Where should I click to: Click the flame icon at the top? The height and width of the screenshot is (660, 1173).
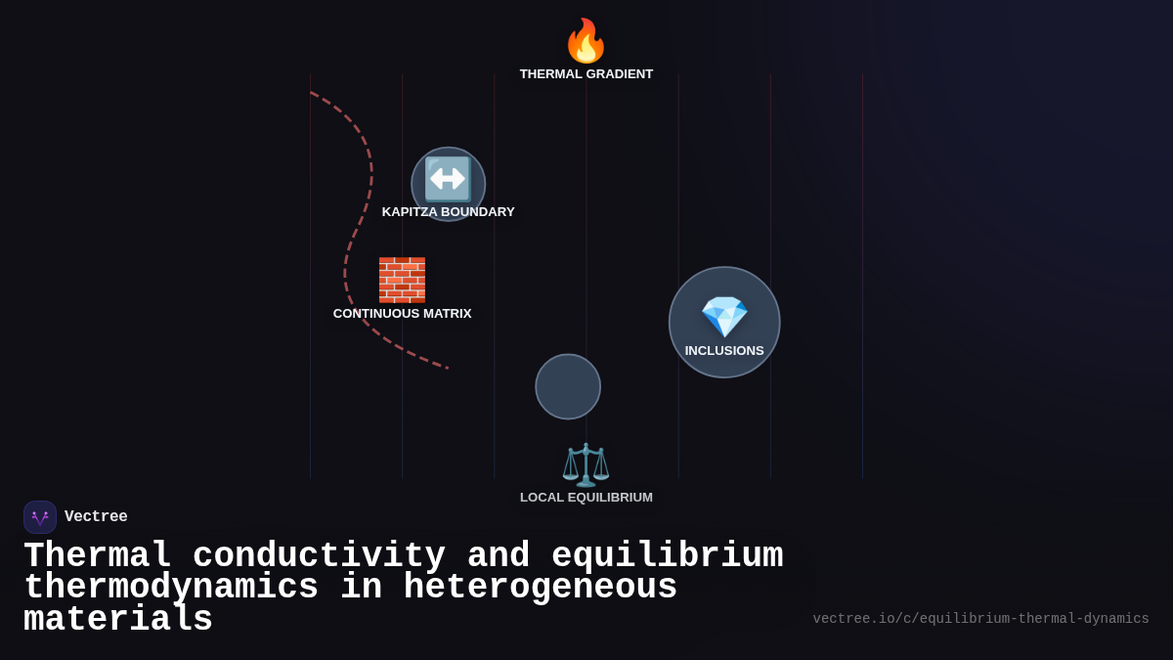[x=586, y=41]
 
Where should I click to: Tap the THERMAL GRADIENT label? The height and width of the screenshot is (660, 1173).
[x=586, y=74]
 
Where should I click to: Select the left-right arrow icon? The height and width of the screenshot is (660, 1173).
[x=448, y=179]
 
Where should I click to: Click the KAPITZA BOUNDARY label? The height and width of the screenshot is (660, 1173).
[x=448, y=212]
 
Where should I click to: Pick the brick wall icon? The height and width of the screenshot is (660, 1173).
[x=402, y=281]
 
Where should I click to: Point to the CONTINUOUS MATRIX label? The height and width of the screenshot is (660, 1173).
[x=402, y=314]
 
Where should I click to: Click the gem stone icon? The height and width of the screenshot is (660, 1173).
[x=724, y=317]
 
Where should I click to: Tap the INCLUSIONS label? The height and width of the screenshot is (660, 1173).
[x=724, y=351]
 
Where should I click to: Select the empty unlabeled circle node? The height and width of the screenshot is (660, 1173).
[x=568, y=386]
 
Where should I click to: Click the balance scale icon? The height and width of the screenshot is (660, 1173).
[x=586, y=464]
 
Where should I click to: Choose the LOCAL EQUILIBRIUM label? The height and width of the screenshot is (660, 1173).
[x=586, y=498]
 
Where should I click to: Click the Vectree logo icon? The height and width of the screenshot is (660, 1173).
[x=40, y=517]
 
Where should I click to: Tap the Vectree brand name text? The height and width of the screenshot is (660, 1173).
[x=96, y=517]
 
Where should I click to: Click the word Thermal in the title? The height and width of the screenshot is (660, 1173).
[x=97, y=555]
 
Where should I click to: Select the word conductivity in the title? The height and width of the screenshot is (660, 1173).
[x=319, y=555]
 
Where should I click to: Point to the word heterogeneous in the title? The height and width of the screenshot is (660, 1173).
[x=540, y=588]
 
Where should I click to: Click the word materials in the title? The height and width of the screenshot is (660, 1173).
[x=117, y=620]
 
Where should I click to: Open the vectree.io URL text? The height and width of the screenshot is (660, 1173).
[x=980, y=619]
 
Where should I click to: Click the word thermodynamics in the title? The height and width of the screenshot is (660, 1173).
[x=171, y=588]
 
